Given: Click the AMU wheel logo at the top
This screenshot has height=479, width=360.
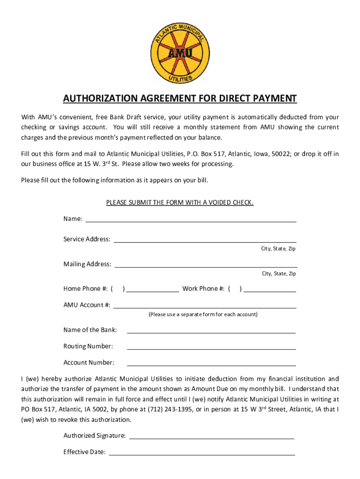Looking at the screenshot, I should (180, 53).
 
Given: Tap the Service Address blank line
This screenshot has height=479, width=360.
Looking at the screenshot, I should (205, 240).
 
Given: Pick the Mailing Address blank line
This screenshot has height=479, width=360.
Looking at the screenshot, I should (205, 265).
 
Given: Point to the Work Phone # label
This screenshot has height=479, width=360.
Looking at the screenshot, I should (204, 289).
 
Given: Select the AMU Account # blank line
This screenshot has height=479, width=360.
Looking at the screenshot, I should (205, 306).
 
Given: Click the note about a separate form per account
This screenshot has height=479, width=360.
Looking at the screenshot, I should (203, 314).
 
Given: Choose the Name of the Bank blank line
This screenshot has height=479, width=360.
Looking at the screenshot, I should (211, 331).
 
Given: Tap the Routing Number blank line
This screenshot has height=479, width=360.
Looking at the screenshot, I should (211, 347).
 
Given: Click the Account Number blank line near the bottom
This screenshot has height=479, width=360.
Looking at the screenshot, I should (211, 363).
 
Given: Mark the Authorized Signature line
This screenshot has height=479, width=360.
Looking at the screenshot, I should (211, 436).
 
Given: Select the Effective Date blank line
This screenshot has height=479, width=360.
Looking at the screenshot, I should (202, 453).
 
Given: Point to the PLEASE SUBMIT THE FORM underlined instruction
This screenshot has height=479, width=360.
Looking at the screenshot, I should (180, 203).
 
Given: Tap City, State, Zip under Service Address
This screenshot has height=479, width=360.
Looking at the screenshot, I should (278, 249).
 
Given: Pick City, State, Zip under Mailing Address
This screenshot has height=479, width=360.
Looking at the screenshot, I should (279, 274).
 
